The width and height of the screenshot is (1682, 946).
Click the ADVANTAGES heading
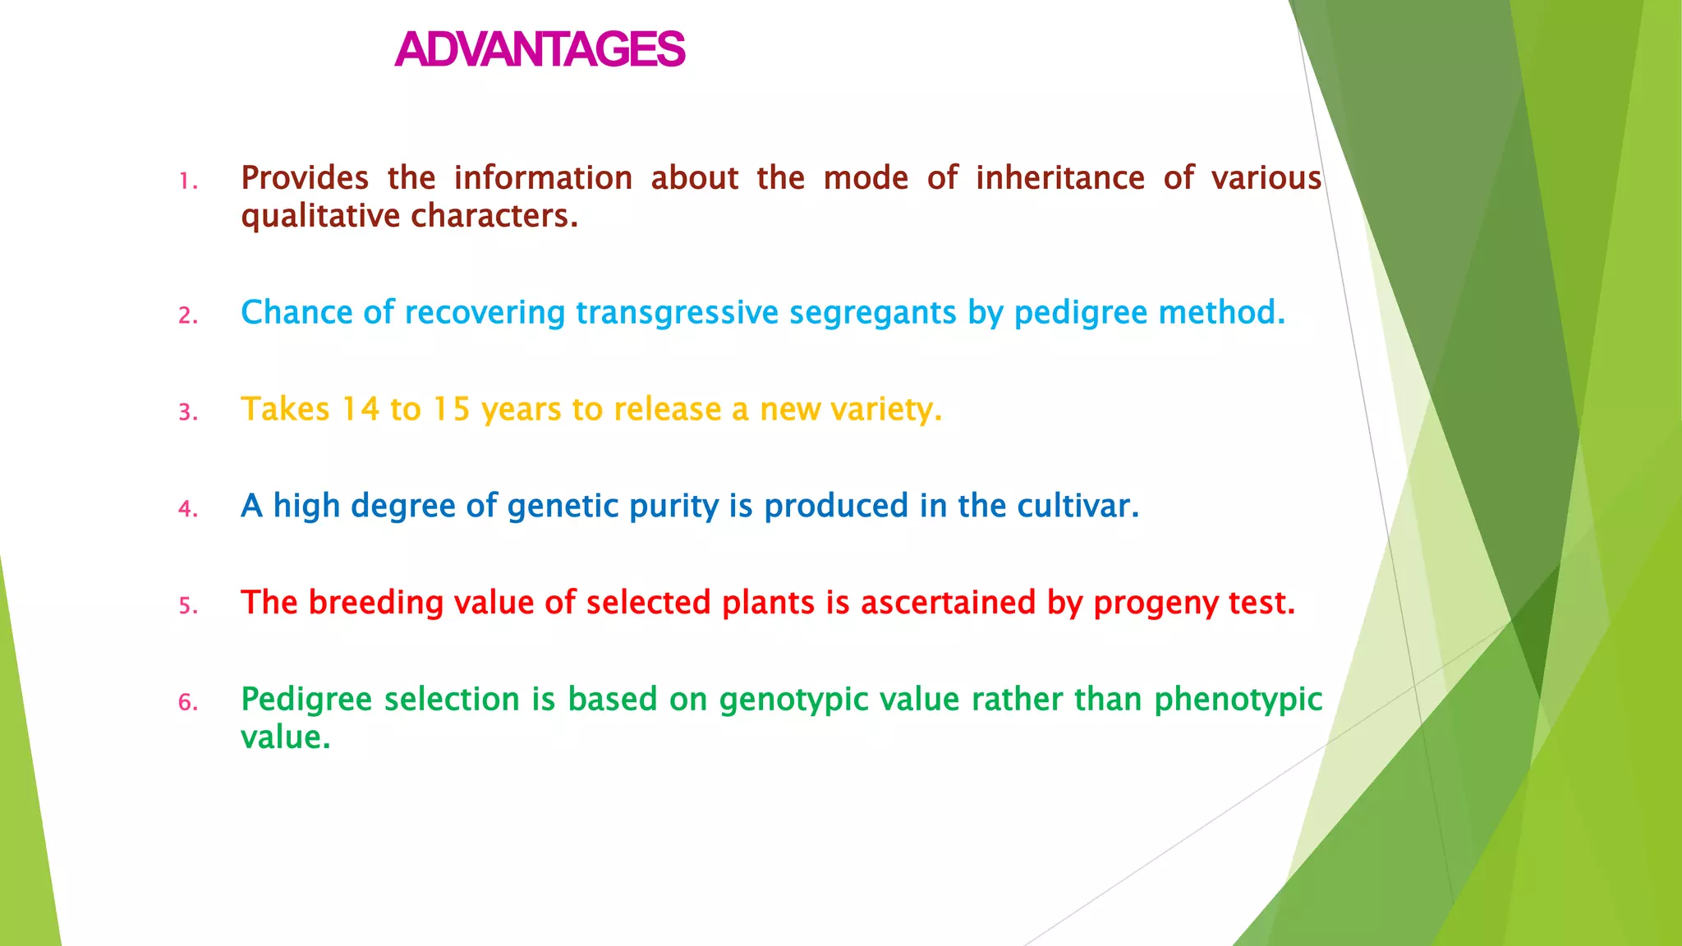pos(539,49)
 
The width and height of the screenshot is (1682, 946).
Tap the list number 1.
pos(188,181)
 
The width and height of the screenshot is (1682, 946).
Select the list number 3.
pos(188,412)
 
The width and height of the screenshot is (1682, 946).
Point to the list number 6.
pos(188,703)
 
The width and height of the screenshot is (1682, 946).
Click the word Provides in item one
pos(305,178)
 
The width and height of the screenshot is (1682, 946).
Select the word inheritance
pos(1059,178)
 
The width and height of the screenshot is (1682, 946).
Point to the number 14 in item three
pos(360,409)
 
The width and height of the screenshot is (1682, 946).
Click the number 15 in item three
pos(451,409)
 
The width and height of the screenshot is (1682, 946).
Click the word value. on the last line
pos(285,737)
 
